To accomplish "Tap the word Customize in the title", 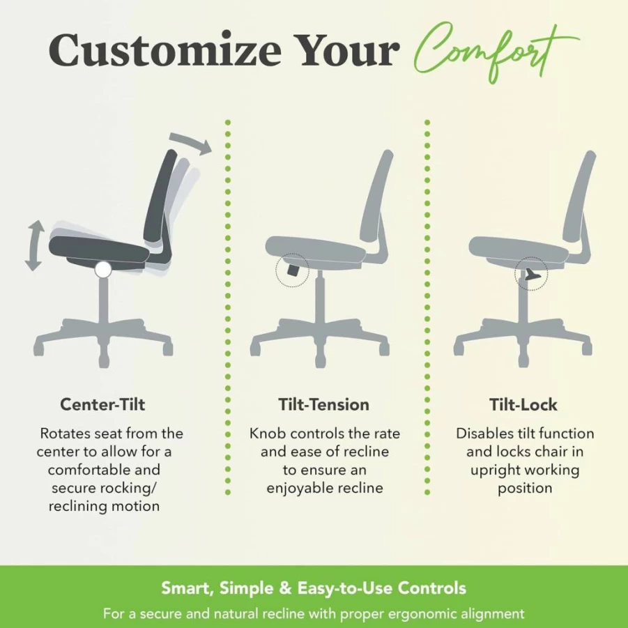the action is tap(165, 50).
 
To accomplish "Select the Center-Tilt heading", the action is tap(102, 404).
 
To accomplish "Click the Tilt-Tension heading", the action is tap(323, 404).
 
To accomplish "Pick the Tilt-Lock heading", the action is tap(523, 404).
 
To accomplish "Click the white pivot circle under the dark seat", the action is tap(103, 270).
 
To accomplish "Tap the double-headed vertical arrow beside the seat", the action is tap(34, 245).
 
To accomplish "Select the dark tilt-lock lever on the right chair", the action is tap(530, 275).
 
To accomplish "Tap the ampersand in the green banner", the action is tap(285, 588).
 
